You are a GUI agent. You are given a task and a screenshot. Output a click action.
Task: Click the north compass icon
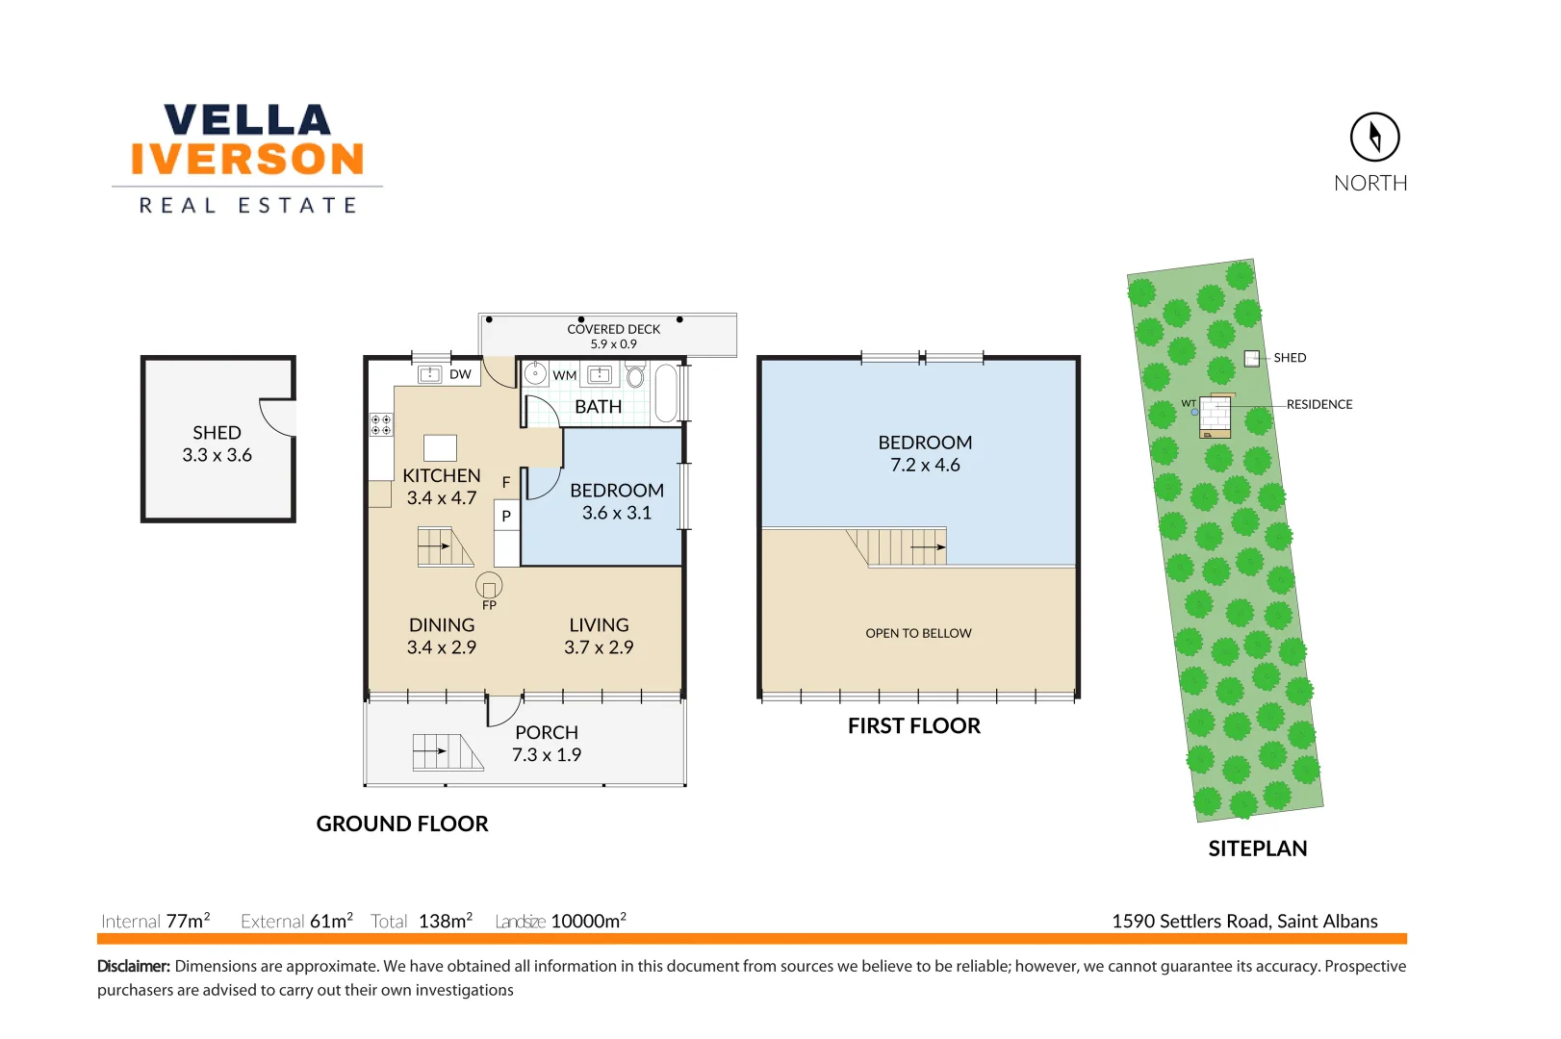[x=1373, y=138]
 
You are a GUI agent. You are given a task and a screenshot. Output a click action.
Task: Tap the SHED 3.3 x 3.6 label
[x=218, y=443]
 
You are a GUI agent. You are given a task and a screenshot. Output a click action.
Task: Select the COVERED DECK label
[x=613, y=329]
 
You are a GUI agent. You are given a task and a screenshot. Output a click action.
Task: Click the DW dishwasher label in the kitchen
[x=460, y=374]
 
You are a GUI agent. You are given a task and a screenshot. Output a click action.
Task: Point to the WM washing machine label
[x=565, y=375]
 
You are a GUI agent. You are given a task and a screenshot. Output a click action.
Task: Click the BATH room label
[x=598, y=407]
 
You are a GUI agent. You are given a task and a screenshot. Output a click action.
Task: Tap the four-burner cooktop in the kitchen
[x=381, y=424]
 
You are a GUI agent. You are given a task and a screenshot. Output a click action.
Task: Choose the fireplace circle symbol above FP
[x=489, y=585]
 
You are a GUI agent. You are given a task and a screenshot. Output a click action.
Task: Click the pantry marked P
[x=506, y=517]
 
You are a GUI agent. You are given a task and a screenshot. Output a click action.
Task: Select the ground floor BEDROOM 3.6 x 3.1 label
[x=616, y=501]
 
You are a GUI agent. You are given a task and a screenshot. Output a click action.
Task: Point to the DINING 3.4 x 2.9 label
[x=442, y=636]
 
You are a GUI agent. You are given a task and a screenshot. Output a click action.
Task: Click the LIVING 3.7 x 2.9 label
[x=599, y=636]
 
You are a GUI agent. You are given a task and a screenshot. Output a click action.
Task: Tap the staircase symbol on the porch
[x=448, y=751]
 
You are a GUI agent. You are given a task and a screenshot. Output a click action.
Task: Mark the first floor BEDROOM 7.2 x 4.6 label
[x=925, y=453]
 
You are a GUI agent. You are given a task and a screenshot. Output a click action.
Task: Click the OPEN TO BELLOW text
[x=918, y=633]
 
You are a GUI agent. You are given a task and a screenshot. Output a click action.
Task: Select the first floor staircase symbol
[x=899, y=546]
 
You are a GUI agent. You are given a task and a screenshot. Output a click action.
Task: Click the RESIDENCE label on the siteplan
[x=1318, y=405]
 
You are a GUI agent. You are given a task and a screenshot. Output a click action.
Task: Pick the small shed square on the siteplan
[x=1251, y=359]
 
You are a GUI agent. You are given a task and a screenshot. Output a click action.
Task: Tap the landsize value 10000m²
[x=588, y=921]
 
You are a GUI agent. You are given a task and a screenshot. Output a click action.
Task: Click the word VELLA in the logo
[x=247, y=120]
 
